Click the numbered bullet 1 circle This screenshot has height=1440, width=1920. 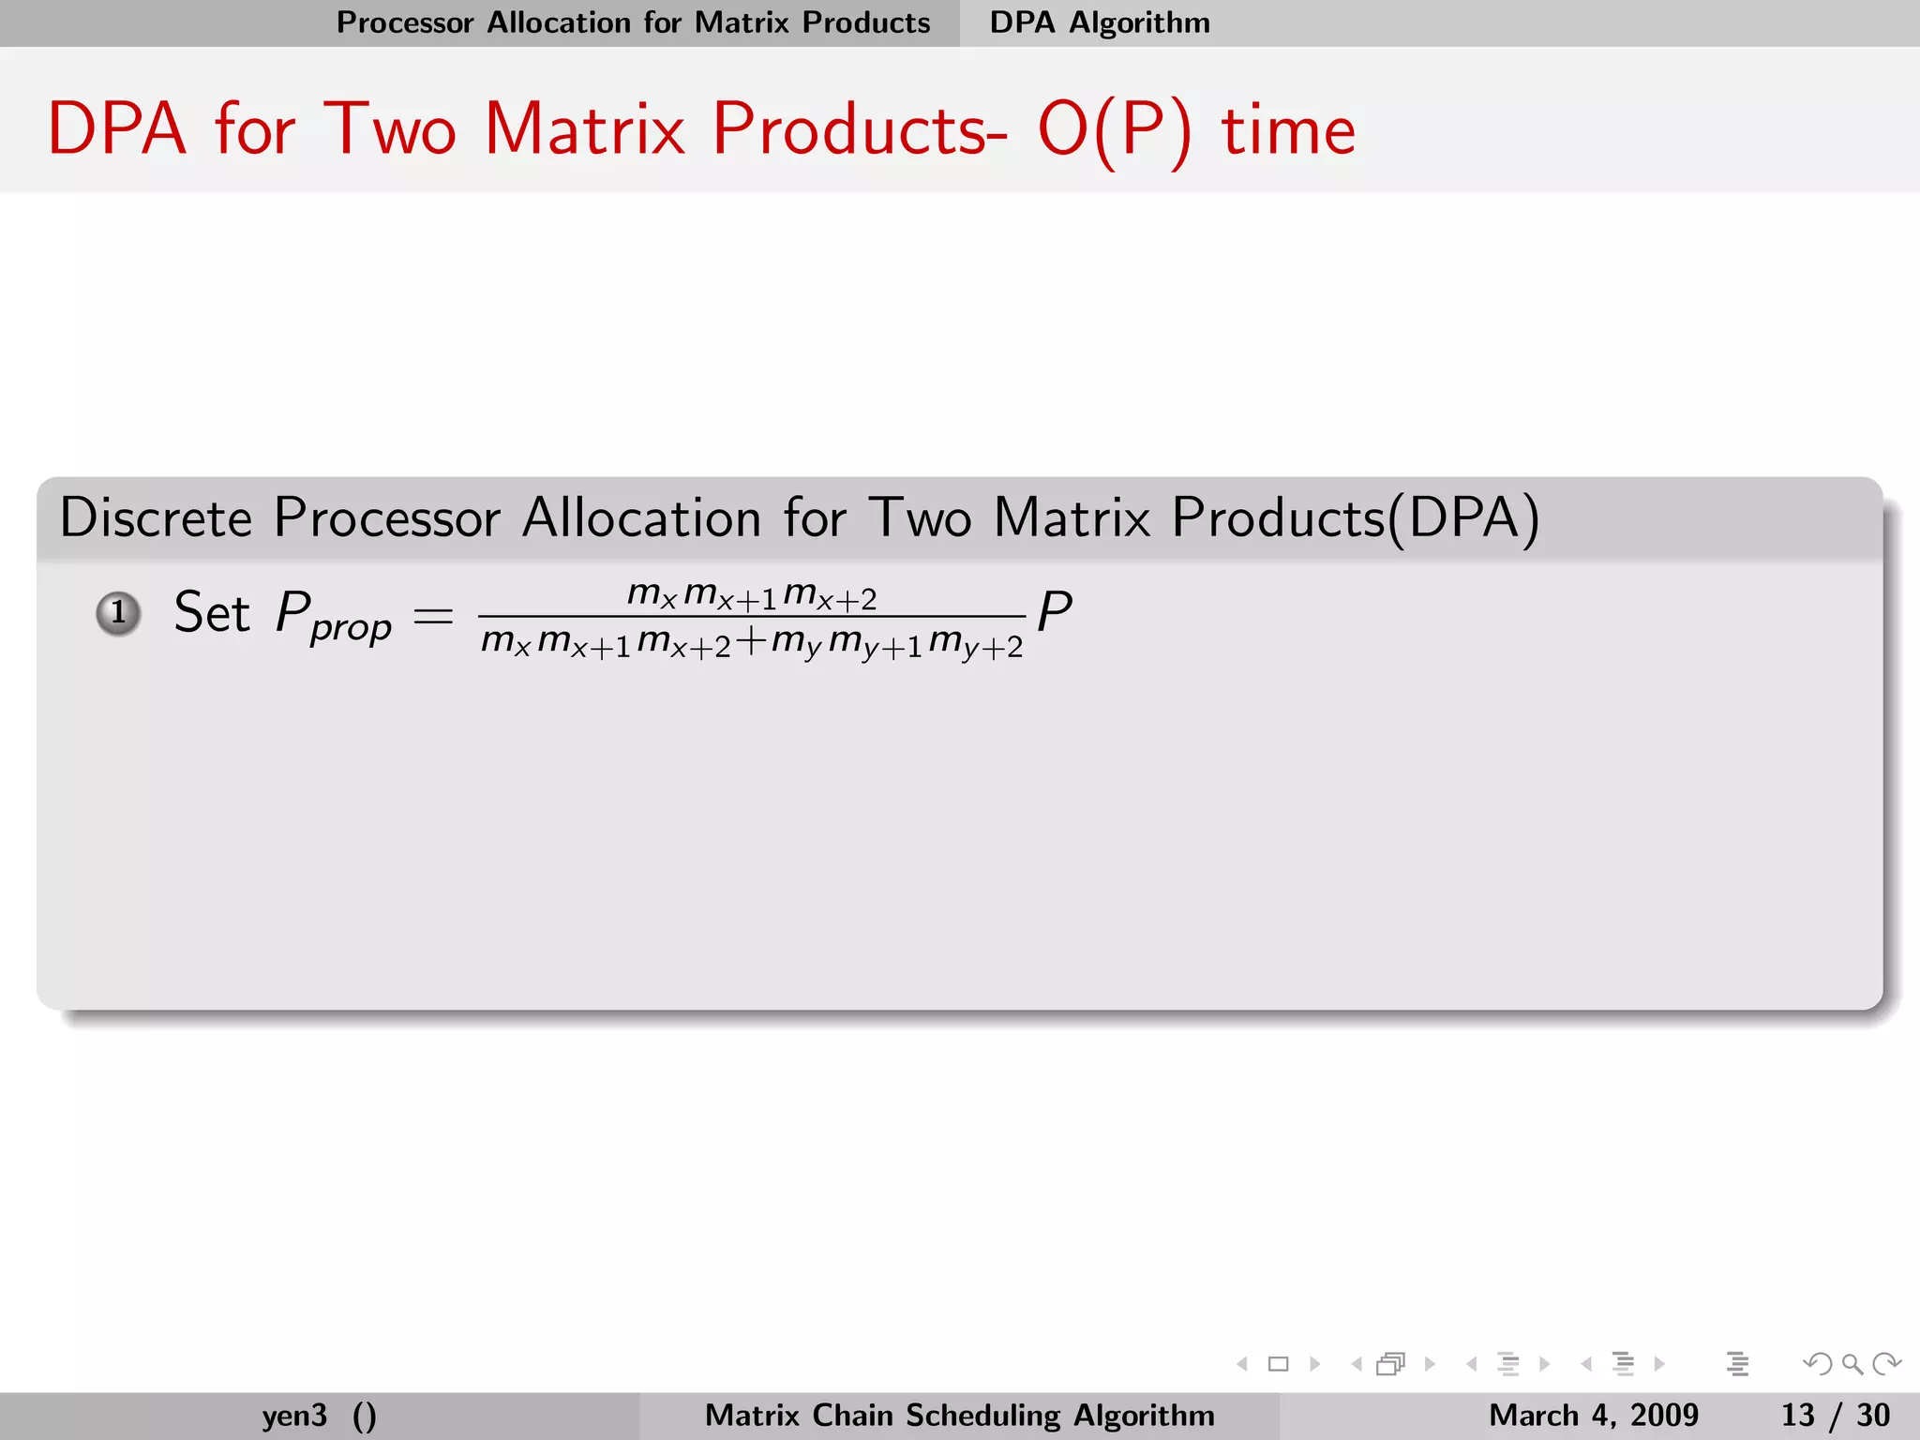[118, 614]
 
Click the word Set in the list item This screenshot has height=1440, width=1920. [212, 613]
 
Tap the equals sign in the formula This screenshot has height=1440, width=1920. [433, 616]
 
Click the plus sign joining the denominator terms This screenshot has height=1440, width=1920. [750, 640]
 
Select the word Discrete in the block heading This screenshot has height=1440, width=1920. [156, 517]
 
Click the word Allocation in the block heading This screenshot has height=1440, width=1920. [641, 517]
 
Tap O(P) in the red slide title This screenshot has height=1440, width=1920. [1115, 129]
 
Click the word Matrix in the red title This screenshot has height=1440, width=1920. [585, 128]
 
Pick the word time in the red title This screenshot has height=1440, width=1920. [1288, 129]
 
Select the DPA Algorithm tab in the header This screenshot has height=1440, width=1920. [1100, 22]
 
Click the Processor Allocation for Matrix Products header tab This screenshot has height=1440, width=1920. [634, 22]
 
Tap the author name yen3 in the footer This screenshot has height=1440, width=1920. [294, 1415]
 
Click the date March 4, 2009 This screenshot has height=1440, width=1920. [1593, 1415]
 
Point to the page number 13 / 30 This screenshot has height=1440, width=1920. [1835, 1415]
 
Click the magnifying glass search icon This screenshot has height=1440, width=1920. [1852, 1364]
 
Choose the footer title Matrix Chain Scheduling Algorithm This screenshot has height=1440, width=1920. [959, 1415]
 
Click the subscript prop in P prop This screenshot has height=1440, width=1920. [351, 628]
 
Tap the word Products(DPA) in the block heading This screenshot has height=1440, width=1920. [1356, 517]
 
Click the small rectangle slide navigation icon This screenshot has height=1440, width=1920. [1278, 1364]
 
